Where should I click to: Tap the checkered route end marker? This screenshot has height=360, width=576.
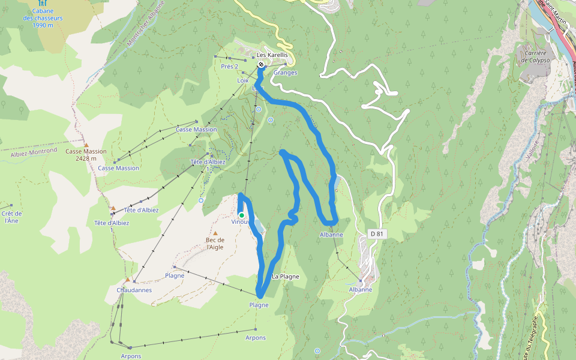[261, 64]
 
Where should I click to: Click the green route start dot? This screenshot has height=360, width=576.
[241, 215]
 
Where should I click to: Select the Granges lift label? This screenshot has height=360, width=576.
[285, 73]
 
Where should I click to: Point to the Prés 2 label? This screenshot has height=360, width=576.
[229, 66]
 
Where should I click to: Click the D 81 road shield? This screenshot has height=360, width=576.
[376, 233]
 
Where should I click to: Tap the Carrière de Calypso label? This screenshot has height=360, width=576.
[533, 56]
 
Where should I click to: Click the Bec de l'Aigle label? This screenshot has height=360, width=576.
[215, 243]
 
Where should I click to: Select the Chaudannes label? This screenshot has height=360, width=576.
[134, 290]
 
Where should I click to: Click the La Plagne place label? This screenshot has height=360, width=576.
[285, 277]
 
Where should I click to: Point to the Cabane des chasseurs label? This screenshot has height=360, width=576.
[43, 18]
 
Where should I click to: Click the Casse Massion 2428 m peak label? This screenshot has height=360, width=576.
[86, 155]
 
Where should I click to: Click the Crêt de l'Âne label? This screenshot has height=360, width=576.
[11, 217]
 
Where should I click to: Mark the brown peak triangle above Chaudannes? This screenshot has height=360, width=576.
[127, 280]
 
